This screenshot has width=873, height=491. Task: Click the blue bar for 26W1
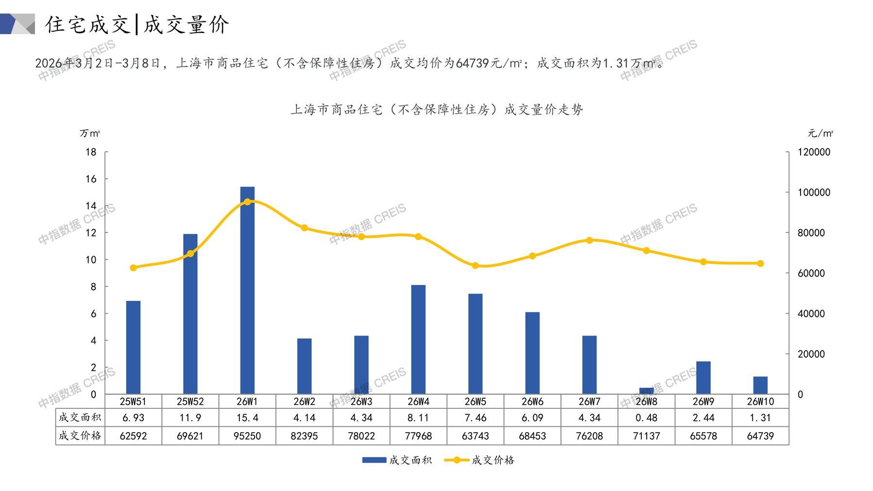(247, 292)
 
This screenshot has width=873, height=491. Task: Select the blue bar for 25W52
(190, 316)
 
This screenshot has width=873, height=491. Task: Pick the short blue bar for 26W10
(760, 385)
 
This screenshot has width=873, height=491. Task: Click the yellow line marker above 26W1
(247, 202)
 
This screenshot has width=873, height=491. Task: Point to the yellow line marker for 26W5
(476, 266)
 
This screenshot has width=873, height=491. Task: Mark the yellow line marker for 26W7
(589, 240)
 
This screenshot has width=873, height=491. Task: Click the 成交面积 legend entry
(397, 460)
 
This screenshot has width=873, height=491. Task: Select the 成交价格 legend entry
(479, 460)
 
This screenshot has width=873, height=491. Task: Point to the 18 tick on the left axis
(91, 152)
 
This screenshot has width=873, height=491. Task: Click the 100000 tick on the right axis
(814, 193)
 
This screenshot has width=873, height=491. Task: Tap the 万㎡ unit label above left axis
(90, 133)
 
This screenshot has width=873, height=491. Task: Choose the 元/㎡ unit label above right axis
(821, 133)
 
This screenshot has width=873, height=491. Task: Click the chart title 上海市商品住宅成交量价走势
(436, 110)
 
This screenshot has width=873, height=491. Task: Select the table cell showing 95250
(247, 436)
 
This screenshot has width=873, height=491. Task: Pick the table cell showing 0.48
(646, 418)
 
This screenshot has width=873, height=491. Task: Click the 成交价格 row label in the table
(80, 436)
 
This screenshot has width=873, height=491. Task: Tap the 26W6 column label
(532, 402)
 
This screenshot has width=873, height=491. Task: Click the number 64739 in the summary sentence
(473, 63)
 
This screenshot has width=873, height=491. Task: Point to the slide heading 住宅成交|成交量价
(137, 24)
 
